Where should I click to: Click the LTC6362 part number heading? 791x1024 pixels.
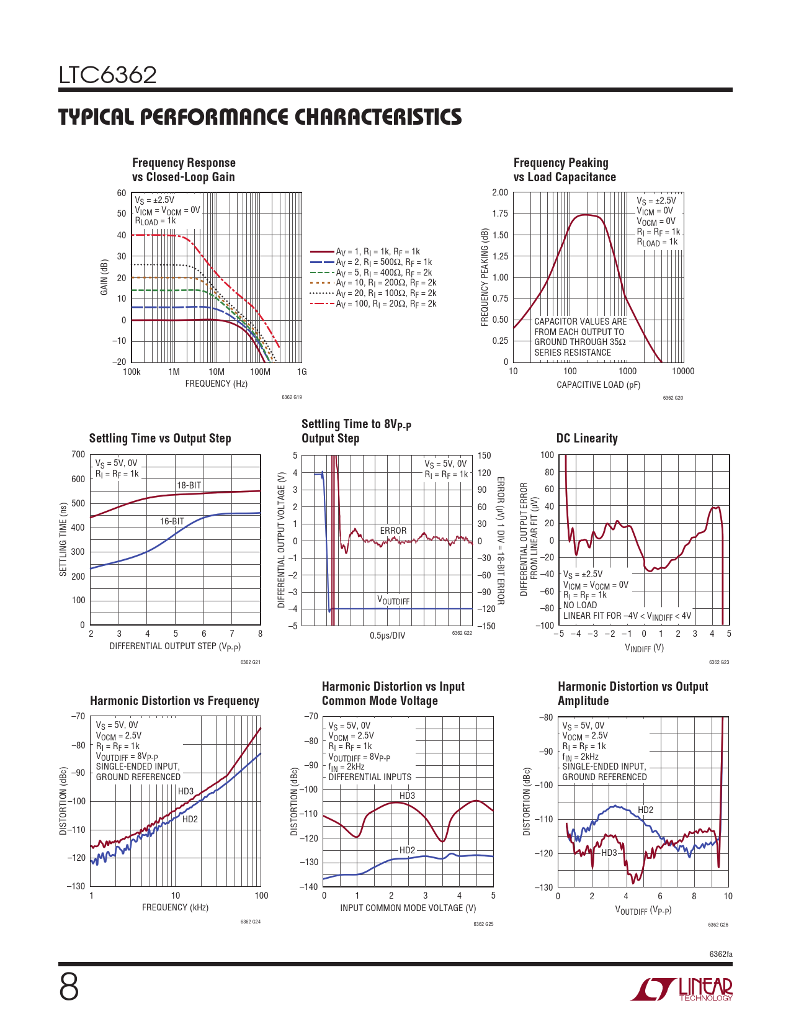point(107,75)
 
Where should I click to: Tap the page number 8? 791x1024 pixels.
point(69,987)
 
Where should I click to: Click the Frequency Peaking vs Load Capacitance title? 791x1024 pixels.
point(564,169)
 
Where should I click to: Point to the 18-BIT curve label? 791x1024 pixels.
point(189,485)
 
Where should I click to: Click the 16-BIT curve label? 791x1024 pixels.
point(172,521)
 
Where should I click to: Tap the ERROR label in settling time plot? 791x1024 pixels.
point(393,531)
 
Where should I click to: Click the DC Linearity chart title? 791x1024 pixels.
point(587,438)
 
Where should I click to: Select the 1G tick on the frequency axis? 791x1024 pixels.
point(302,372)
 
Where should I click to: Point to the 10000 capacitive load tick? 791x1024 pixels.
point(683,371)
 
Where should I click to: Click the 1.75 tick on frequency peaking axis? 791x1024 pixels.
point(500,213)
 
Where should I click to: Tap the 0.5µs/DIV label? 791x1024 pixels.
point(387,636)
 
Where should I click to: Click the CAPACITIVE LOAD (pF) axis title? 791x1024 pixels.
point(598,385)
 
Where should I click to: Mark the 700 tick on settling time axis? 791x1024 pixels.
point(78,454)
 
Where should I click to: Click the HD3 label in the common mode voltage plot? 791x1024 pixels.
point(407,796)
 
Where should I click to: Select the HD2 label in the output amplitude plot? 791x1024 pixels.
point(645,810)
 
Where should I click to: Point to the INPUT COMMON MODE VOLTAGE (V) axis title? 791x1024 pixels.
point(408,908)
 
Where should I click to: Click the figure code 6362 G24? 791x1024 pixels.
point(250,922)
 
